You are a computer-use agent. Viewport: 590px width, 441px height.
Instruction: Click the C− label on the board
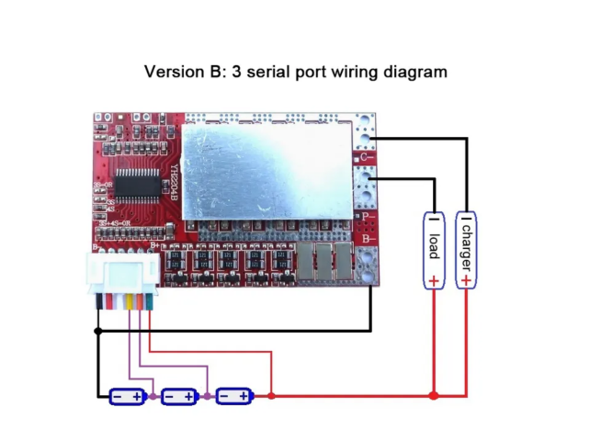click(366, 158)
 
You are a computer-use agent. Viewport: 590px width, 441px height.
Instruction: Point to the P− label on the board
click(367, 218)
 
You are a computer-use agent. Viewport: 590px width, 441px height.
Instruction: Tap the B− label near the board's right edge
click(367, 239)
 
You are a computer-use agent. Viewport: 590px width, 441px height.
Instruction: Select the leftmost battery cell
click(127, 396)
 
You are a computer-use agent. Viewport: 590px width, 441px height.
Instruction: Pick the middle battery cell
click(179, 396)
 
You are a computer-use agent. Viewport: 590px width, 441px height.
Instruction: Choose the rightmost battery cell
click(233, 396)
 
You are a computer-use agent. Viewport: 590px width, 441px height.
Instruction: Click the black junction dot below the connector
click(97, 329)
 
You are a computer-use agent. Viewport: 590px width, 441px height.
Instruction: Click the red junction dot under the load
click(434, 396)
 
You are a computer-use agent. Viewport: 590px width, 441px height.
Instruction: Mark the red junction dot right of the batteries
click(271, 396)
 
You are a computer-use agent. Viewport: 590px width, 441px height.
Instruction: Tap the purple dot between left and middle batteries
click(153, 396)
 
